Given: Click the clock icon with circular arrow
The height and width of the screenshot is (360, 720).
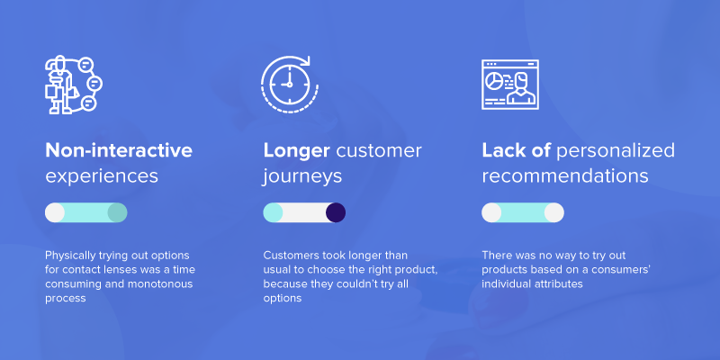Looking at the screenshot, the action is [x=289, y=85].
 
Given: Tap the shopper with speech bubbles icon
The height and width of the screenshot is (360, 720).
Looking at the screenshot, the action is [x=74, y=85].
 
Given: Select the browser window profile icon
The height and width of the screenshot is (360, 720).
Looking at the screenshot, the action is [x=509, y=85].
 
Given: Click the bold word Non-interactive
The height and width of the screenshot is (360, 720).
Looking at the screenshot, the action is [x=119, y=150].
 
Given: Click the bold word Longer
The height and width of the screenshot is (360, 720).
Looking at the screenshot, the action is [x=296, y=151].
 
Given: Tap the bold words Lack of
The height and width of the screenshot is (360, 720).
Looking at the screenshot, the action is [x=516, y=150].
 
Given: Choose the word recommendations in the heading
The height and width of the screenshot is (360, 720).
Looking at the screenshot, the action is [x=565, y=176].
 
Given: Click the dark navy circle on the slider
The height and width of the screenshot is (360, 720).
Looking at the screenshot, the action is [x=336, y=212].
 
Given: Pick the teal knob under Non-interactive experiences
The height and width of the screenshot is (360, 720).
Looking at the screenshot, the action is [x=117, y=212].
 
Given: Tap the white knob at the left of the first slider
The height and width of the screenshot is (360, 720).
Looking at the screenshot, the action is [x=55, y=212].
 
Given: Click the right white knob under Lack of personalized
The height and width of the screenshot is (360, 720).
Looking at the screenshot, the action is [x=553, y=212].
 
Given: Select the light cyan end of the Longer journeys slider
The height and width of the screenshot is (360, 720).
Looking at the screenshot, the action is [x=273, y=212].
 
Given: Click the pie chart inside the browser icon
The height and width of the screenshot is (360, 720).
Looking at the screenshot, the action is [x=494, y=81].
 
